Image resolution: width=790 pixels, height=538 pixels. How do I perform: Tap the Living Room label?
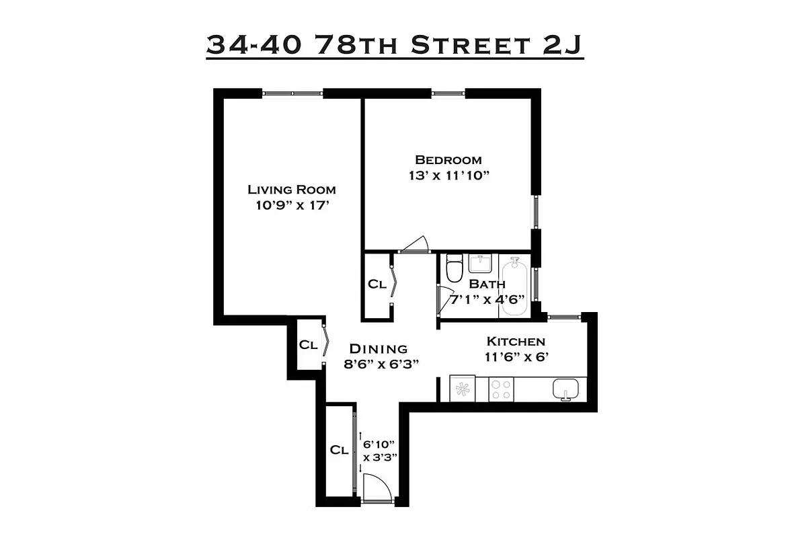point(291,190)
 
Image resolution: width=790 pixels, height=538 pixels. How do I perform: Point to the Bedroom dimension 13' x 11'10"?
point(448,176)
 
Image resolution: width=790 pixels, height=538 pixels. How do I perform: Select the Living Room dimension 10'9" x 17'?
point(291,205)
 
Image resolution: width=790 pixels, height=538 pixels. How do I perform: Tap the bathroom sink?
point(481,263)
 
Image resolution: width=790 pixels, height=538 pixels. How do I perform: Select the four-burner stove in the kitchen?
point(501,389)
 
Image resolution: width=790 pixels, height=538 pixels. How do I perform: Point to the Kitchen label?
point(516,342)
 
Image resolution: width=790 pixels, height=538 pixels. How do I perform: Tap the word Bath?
point(487,284)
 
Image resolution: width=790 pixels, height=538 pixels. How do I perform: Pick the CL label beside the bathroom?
point(377,284)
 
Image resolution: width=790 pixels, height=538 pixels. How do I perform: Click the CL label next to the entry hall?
point(339,451)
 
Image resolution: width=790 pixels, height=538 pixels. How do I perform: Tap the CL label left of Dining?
point(308,345)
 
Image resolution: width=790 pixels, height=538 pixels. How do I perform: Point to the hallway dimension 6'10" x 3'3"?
point(380,451)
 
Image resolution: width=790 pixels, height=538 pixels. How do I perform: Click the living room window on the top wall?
point(292,93)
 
